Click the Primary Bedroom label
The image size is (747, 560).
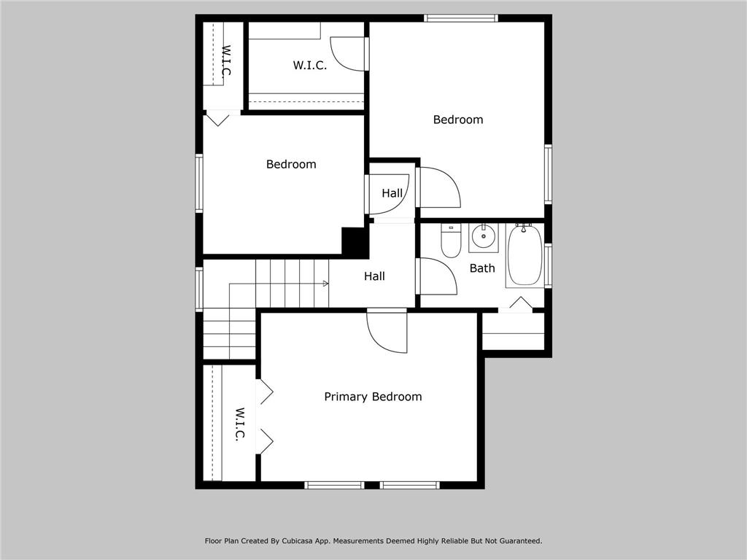[x=373, y=397]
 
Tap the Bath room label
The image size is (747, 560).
[x=481, y=268]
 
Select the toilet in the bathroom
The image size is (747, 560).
[x=451, y=241]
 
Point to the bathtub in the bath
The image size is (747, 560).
[x=525, y=255]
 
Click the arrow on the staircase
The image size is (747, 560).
[x=323, y=283]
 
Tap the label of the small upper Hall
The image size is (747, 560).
[x=392, y=193]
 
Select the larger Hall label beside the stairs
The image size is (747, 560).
[x=374, y=276]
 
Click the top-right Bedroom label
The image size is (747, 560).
[x=457, y=120]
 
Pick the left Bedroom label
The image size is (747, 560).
[x=291, y=164]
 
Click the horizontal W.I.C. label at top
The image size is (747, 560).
[x=309, y=65]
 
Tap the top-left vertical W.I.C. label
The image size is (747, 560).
[x=225, y=61]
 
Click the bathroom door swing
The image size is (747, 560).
[x=437, y=277]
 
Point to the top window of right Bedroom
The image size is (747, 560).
[x=460, y=18]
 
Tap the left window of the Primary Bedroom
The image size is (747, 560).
[x=334, y=485]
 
